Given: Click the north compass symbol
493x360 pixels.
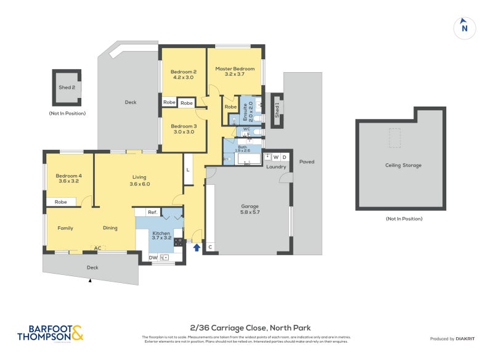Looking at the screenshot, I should click(464, 27).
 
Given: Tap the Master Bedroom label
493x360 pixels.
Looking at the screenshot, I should click(234, 68).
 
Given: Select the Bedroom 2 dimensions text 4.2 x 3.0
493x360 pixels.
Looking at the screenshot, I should click(183, 78).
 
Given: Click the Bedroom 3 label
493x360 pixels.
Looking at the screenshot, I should click(182, 126).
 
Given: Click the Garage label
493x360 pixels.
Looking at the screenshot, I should click(250, 206).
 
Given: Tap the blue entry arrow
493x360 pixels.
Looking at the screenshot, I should click(197, 248).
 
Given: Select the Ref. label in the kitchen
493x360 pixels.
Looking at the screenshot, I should click(152, 212).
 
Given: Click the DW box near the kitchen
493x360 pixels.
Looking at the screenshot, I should click(153, 258).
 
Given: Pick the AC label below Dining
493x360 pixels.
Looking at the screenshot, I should click(97, 248).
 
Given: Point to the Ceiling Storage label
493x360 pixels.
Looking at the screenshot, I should click(401, 165).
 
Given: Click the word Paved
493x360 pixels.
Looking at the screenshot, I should click(306, 162).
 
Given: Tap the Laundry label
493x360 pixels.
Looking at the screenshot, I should click(276, 167).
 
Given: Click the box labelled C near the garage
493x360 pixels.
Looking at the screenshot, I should click(210, 247).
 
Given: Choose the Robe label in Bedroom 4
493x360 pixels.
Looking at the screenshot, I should click(60, 202).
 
